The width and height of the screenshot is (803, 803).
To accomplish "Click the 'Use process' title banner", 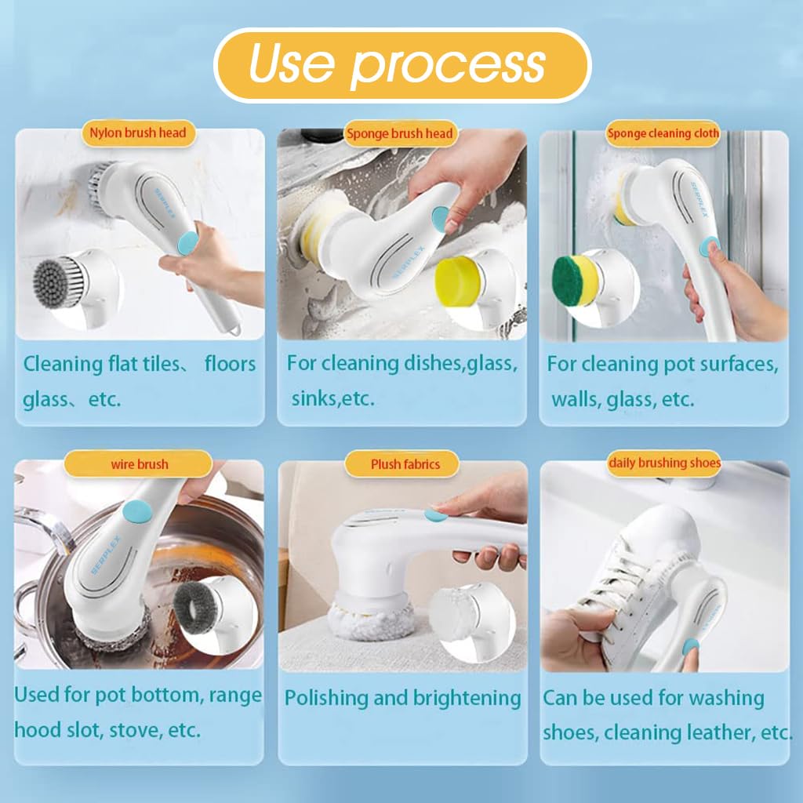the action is (x=402, y=65).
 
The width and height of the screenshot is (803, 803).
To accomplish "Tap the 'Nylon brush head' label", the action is (x=138, y=133).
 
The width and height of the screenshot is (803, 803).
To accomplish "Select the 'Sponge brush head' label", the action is (x=400, y=133).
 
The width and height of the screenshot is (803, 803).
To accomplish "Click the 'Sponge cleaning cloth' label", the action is (x=663, y=133).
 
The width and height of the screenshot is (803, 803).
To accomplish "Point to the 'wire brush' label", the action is (x=140, y=464).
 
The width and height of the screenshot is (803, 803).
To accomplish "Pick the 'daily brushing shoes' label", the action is (x=664, y=463).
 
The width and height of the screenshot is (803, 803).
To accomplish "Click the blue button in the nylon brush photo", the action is (x=188, y=242).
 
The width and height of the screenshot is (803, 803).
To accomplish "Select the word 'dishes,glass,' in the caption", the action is (x=460, y=364).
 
